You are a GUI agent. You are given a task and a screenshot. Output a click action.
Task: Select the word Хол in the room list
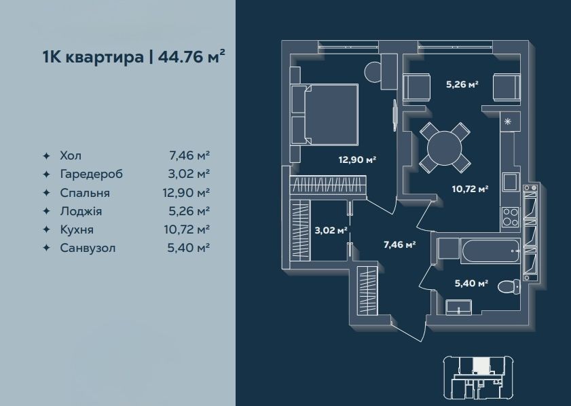(x=71, y=156)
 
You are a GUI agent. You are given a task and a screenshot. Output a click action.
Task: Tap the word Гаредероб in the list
(x=92, y=174)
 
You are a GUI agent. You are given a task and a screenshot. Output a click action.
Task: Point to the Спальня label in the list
(x=85, y=193)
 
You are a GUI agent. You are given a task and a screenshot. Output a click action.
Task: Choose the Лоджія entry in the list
(x=81, y=211)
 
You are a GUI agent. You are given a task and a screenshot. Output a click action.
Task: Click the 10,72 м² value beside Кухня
(x=187, y=229)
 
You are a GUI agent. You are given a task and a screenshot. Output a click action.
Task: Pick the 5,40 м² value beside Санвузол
(x=188, y=248)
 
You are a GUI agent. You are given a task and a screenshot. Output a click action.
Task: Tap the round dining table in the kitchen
(x=445, y=148)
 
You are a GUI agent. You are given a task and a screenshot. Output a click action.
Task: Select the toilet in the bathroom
(x=509, y=287)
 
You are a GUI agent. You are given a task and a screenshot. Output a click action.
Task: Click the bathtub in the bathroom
(x=490, y=251)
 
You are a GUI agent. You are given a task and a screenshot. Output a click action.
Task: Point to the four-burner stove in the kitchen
(x=510, y=217)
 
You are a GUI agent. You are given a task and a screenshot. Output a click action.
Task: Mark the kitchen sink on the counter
(x=511, y=182)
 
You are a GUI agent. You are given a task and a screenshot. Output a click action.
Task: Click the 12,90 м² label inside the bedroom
(x=357, y=160)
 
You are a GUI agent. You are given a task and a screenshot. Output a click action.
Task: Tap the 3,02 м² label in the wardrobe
(x=331, y=230)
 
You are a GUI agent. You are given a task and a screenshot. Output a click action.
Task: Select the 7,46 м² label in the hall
(x=400, y=244)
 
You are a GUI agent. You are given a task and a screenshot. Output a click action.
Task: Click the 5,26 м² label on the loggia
(x=462, y=84)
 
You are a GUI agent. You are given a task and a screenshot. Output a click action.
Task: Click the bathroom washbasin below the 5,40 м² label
(x=459, y=307)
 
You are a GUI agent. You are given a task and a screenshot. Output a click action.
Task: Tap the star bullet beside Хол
(x=46, y=156)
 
